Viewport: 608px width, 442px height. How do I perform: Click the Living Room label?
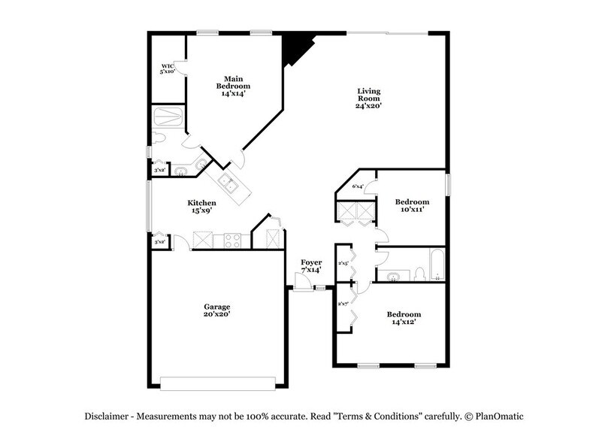(x=368, y=98)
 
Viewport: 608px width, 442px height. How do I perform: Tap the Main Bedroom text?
(x=234, y=85)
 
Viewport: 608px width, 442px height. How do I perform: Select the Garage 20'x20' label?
(x=216, y=310)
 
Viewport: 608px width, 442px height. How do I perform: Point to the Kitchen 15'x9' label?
(x=201, y=207)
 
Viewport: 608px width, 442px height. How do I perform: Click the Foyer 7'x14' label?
(x=312, y=266)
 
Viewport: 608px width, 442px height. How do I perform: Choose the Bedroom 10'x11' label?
(x=412, y=205)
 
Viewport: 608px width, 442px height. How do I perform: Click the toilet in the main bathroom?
(x=159, y=138)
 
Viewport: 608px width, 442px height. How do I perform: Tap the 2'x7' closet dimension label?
(x=343, y=304)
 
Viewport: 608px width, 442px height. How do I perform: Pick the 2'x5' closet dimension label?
(x=343, y=263)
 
